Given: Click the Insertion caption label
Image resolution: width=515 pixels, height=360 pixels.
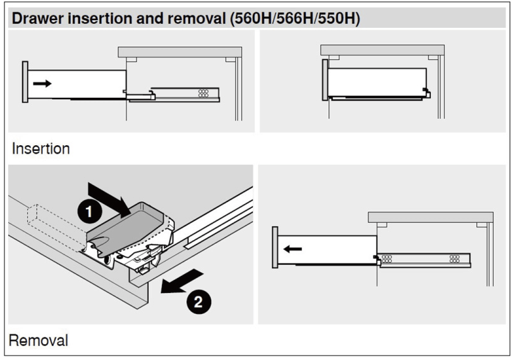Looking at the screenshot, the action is point(40,148).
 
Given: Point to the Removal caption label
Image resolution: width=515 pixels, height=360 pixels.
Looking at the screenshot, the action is point(39,340).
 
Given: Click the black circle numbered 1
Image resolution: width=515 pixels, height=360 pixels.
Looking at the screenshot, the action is point(89,212).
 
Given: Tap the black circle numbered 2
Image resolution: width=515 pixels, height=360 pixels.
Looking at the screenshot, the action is point(198,302).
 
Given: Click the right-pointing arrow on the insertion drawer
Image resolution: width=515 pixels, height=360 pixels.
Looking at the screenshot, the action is point(42,83).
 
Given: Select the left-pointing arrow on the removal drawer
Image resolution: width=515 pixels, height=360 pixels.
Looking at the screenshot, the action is point(293,249).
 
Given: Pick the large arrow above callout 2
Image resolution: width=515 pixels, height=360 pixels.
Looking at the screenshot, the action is point(181,281).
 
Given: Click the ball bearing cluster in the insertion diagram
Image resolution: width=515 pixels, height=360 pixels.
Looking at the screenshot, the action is point(203,93).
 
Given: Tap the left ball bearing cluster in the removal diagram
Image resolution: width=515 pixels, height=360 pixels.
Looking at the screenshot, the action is point(387,259).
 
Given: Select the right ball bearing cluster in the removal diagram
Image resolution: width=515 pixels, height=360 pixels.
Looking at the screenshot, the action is point(454,259).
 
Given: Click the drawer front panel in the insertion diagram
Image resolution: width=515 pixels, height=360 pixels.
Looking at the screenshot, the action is point(25,81).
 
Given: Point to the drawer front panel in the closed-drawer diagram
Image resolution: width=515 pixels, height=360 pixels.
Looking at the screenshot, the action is point(325,80).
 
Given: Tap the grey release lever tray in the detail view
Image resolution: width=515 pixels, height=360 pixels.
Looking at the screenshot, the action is point(126,227).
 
